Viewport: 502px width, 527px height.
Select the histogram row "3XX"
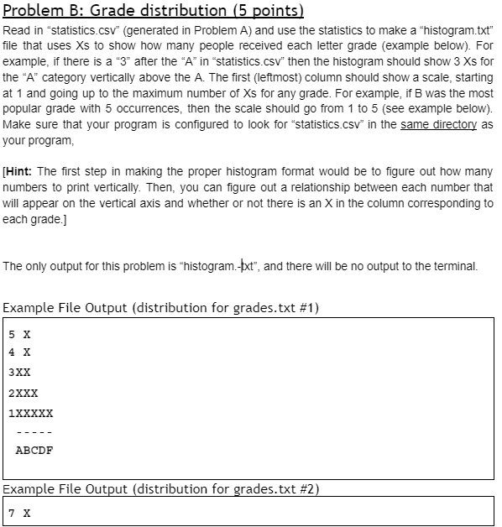(x=20, y=373)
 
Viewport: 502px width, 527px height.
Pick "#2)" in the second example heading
(x=309, y=488)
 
